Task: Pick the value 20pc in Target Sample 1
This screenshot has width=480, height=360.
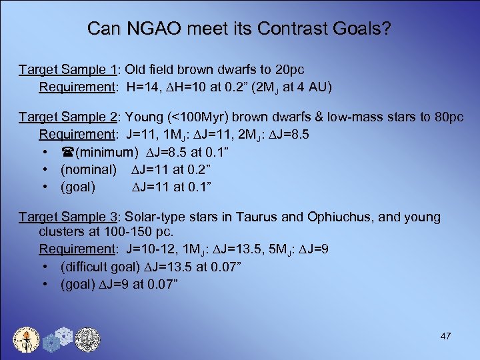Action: (x=290, y=69)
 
